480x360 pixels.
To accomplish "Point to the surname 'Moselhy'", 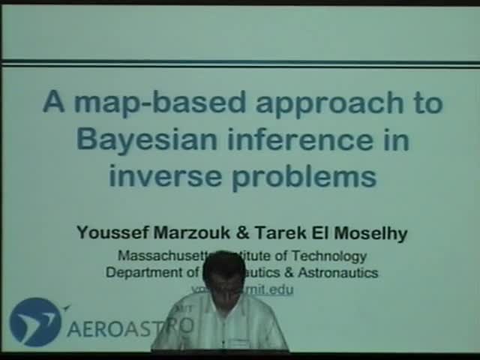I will [369, 233].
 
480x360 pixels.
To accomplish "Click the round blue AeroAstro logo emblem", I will [34, 322].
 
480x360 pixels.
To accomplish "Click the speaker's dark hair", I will [223, 265].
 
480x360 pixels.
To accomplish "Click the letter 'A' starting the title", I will [53, 102].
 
